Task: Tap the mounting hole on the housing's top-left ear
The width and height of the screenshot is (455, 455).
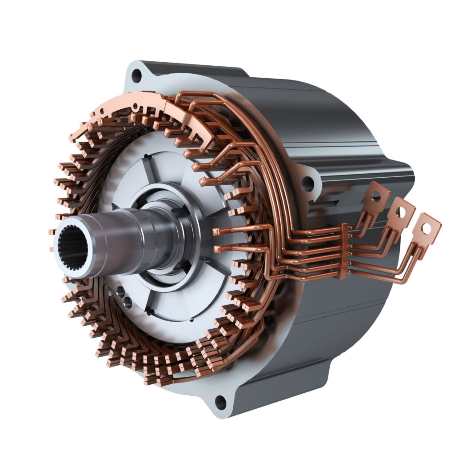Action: pyautogui.click(x=137, y=76)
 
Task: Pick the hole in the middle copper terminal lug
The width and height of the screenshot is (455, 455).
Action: pyautogui.click(x=401, y=212)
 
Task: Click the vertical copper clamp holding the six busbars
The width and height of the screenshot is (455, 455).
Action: pyautogui.click(x=343, y=251)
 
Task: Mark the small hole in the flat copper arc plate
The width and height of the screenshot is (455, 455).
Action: pyautogui.click(x=135, y=107)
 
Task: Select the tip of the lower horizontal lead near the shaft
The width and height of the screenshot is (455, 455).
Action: pyautogui.click(x=217, y=249)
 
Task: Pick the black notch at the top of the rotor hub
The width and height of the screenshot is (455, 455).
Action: pyautogui.click(x=146, y=157)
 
